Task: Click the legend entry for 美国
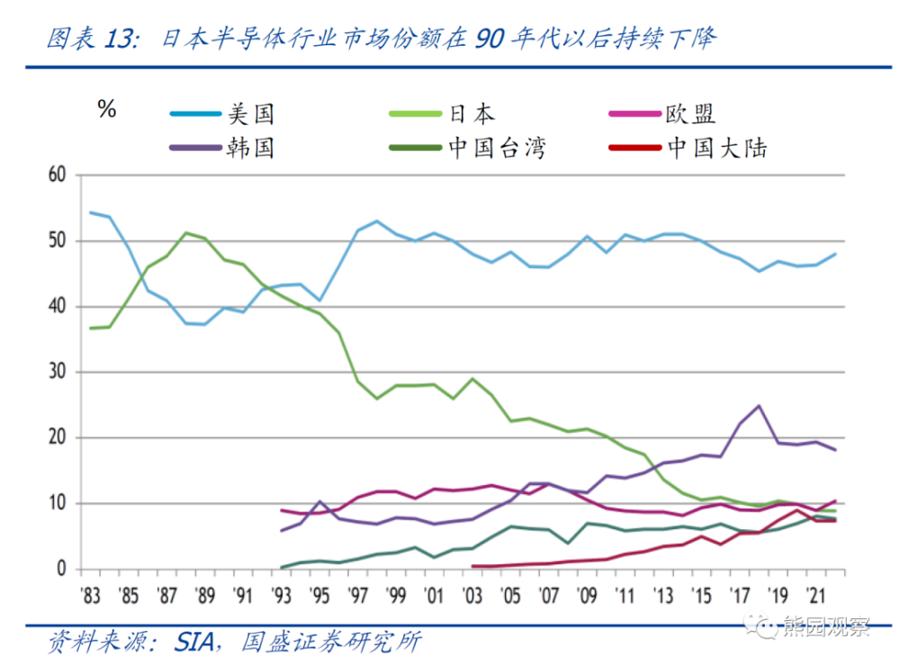coord(249,114)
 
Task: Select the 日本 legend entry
coord(472,114)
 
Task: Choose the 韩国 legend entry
coord(249,148)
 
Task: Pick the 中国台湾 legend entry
coord(497,148)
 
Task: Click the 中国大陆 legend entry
coord(716,148)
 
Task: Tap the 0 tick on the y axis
coord(61,569)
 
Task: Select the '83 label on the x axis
coord(90,595)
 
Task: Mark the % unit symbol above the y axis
coord(106,110)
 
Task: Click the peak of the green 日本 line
coord(186,233)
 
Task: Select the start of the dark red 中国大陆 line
coord(473,566)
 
